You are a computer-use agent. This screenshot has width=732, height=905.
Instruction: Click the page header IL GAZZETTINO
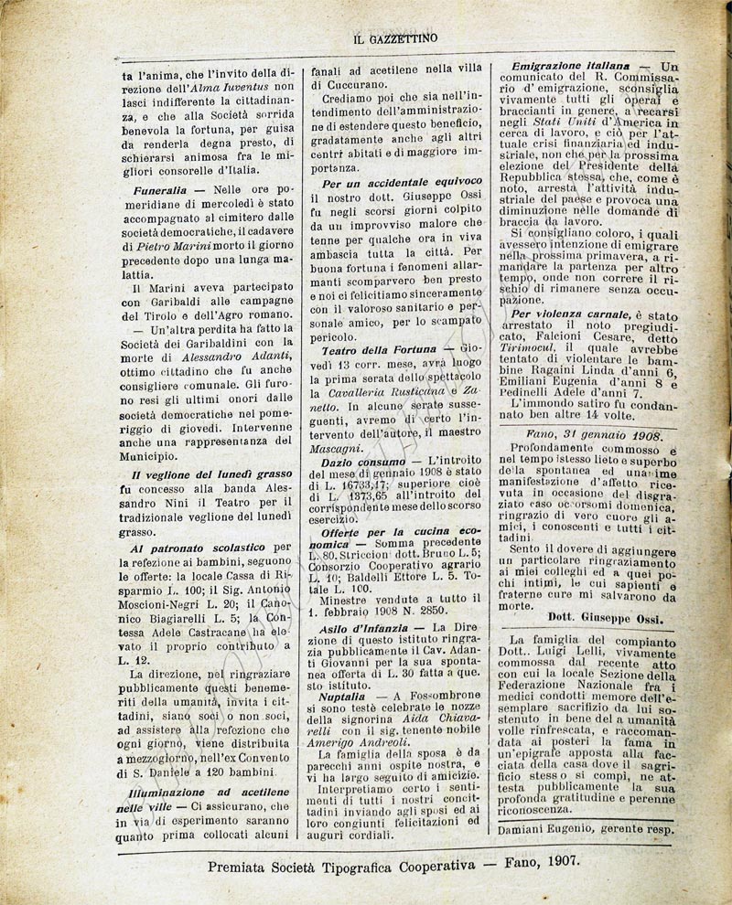tap(395, 37)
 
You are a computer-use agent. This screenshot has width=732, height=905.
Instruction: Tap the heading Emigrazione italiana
tap(572, 67)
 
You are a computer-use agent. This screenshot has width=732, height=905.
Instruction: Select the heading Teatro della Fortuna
tap(377, 350)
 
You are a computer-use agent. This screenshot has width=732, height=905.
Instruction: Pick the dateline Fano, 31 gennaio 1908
tap(593, 435)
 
